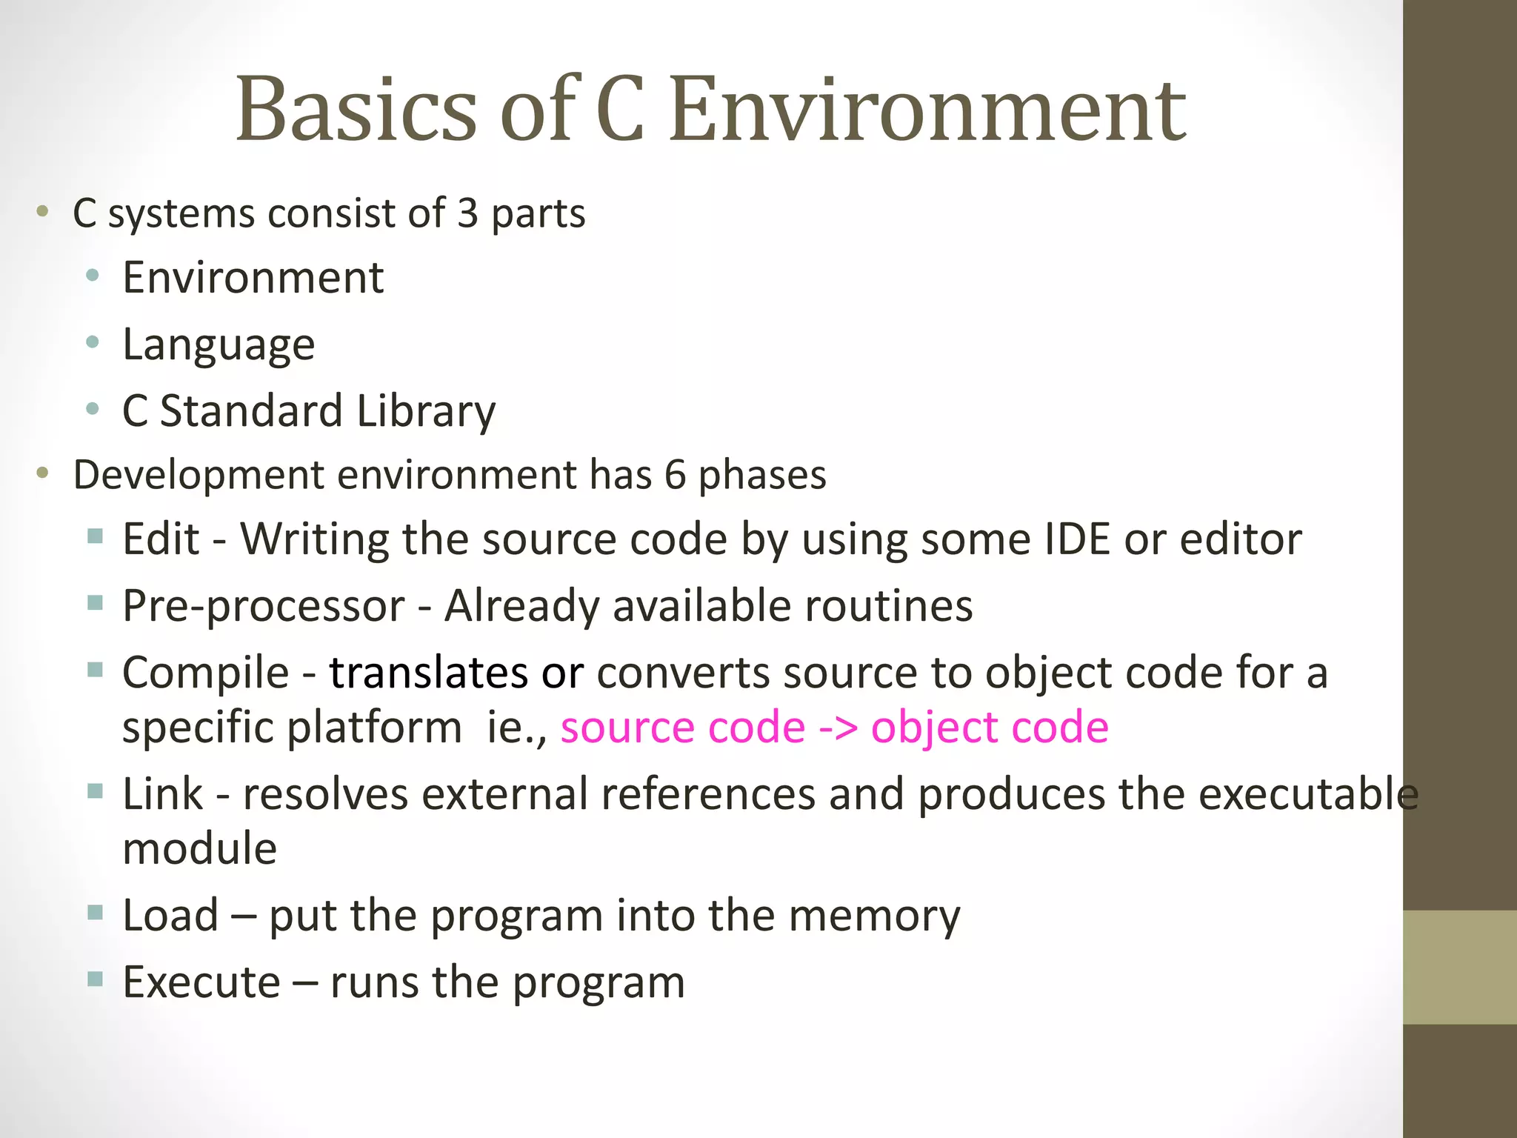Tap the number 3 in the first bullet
click(467, 213)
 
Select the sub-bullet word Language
click(219, 345)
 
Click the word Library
click(426, 412)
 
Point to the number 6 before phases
click(675, 475)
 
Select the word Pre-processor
click(264, 606)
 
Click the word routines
click(888, 606)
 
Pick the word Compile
click(205, 673)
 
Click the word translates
click(428, 673)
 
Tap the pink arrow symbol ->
click(838, 728)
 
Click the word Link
click(162, 794)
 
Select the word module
click(199, 848)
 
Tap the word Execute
click(201, 982)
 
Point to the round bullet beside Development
click(43, 473)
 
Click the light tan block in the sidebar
click(1460, 967)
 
